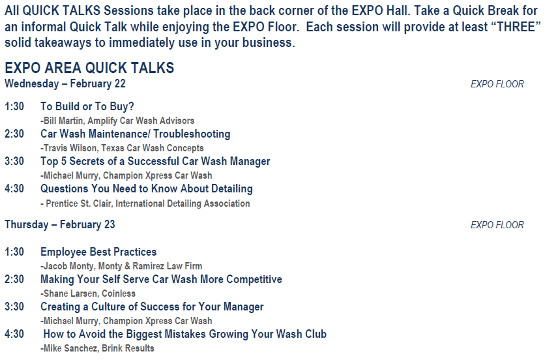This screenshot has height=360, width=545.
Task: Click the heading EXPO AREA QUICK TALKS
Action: point(89,67)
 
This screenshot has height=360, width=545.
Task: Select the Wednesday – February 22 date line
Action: point(65,84)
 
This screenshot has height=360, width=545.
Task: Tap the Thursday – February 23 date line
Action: point(60,224)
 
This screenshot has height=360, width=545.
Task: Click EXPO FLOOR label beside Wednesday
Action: point(497,84)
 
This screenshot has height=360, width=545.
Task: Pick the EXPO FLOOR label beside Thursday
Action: point(497,225)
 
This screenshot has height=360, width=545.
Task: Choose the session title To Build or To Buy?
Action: point(87,106)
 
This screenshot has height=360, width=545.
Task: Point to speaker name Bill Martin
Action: point(64,121)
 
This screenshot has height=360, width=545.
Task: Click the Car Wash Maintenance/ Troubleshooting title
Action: point(135,134)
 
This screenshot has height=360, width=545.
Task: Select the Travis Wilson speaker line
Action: point(122,148)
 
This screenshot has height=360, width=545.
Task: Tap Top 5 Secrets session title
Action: point(155,161)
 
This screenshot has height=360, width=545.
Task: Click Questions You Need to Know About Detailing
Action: point(146,188)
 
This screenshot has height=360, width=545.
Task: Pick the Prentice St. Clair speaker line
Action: point(145,203)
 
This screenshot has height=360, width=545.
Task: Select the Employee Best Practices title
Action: point(98,252)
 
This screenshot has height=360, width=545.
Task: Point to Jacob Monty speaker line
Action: point(121,266)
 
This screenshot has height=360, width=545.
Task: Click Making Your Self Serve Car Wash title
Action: point(161,279)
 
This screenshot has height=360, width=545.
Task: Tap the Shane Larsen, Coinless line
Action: point(88,293)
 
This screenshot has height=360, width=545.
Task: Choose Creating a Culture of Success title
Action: point(152,307)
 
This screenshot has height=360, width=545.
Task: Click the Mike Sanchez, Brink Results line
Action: point(97,348)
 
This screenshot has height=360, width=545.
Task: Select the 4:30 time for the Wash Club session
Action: point(14,334)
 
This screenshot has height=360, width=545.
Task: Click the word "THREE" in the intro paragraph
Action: point(516,27)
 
